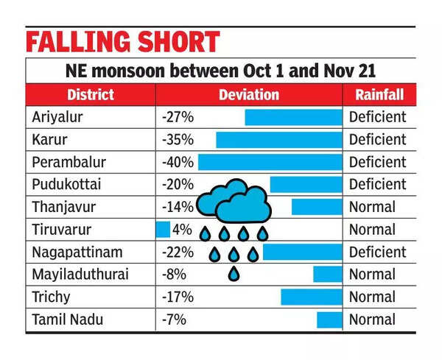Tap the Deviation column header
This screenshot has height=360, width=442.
click(x=248, y=95)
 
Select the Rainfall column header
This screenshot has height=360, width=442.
click(x=378, y=95)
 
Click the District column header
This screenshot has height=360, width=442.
click(x=90, y=95)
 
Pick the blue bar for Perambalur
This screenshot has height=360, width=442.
click(x=270, y=162)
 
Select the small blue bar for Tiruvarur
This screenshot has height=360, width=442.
click(x=163, y=229)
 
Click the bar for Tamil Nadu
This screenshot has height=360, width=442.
click(x=329, y=320)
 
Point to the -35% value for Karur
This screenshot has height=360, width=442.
click(x=177, y=139)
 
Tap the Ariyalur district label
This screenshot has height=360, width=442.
click(x=57, y=116)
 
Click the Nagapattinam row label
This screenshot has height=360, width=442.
click(x=77, y=252)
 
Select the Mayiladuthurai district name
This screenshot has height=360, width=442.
click(x=80, y=275)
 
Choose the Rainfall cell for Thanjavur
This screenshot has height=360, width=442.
click(x=372, y=207)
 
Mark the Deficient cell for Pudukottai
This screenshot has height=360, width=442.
click(x=377, y=184)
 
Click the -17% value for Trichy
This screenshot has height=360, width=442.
click(x=177, y=297)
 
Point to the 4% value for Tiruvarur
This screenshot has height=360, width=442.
click(x=181, y=230)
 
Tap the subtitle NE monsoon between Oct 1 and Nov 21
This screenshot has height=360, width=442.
click(x=220, y=71)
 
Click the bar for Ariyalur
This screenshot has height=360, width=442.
click(x=293, y=117)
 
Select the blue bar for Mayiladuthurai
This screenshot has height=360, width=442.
click(x=327, y=275)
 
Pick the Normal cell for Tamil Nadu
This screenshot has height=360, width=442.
click(x=372, y=320)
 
